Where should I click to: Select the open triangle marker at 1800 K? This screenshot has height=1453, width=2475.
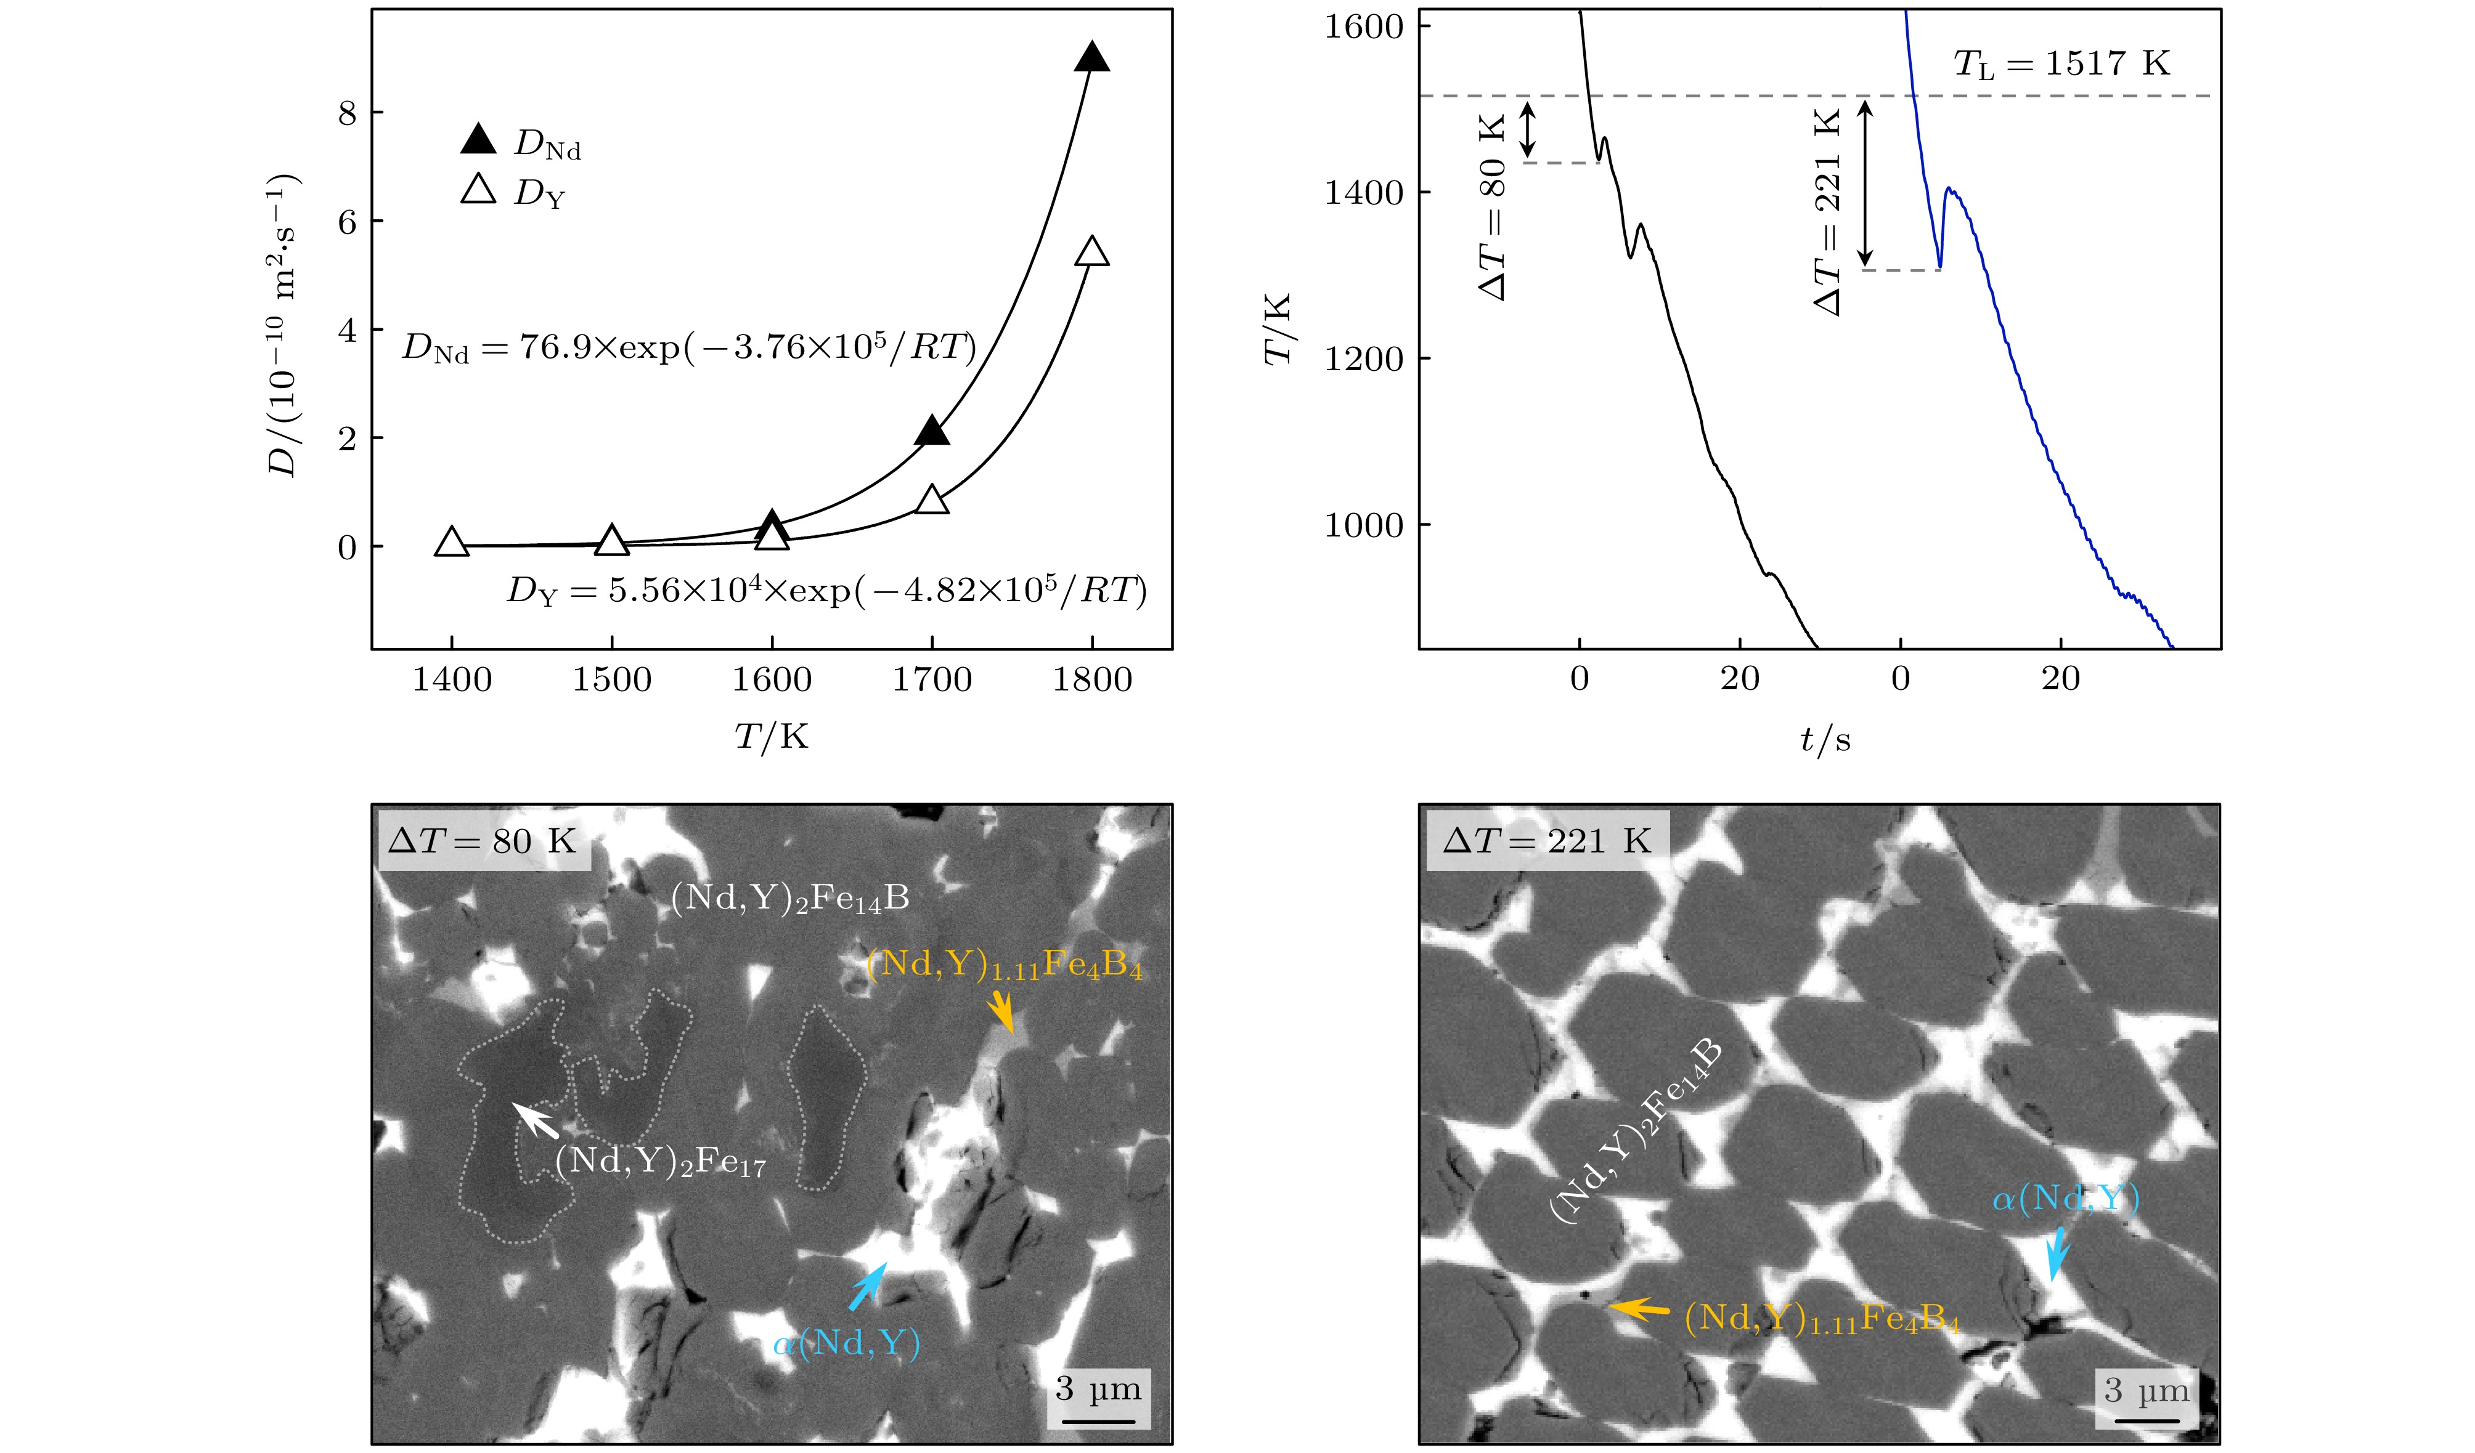pos(1092,253)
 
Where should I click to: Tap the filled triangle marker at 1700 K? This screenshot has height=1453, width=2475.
pos(932,432)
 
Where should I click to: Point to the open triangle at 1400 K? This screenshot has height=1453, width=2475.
pos(451,542)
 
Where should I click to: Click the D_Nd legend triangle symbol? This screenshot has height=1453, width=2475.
pos(479,140)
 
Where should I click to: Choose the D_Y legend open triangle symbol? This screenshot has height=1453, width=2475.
pos(479,190)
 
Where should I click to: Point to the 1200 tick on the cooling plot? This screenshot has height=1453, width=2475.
pos(1363,359)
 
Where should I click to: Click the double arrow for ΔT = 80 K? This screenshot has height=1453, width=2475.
pos(1527,129)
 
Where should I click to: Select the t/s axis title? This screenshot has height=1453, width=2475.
pos(1825,739)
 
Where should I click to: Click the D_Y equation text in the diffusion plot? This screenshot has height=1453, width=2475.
pos(826,591)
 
